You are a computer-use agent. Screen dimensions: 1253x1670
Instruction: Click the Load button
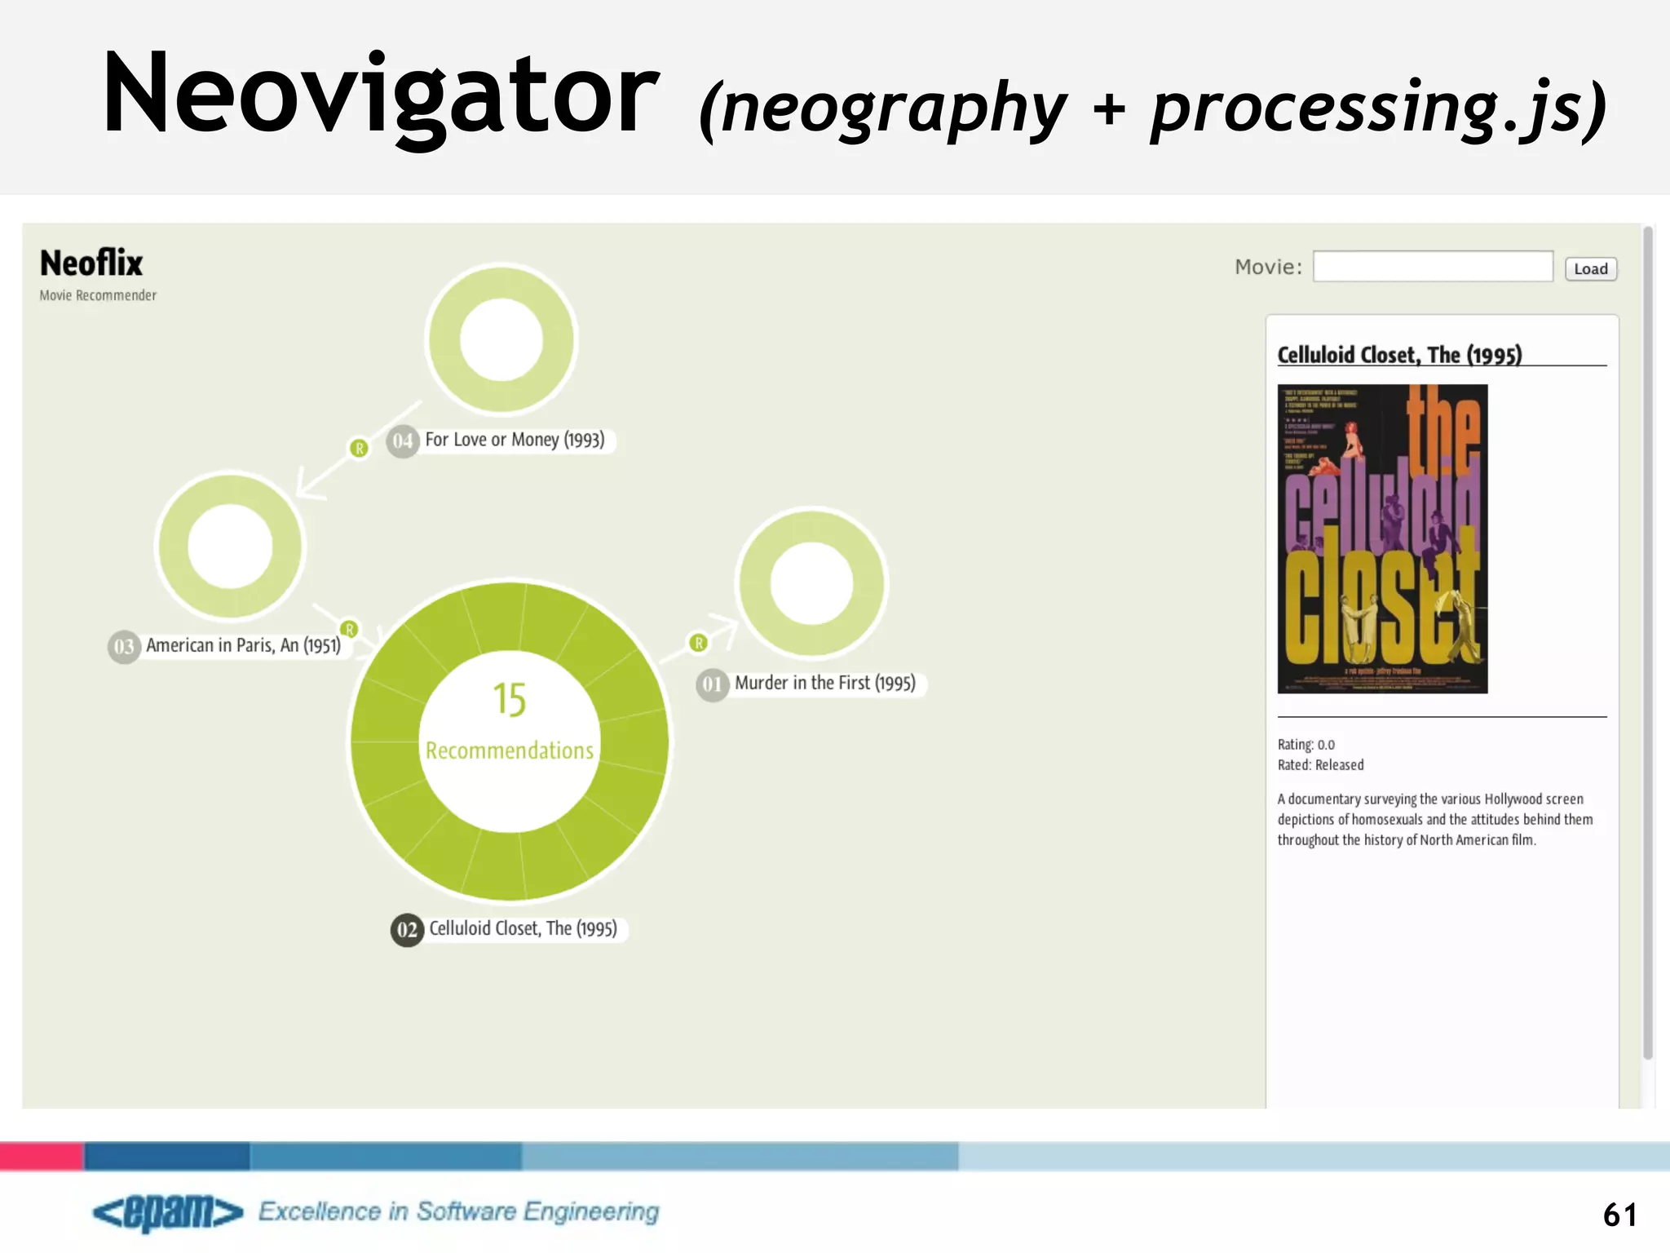click(1590, 268)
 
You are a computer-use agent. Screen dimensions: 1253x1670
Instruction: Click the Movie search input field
click(1432, 267)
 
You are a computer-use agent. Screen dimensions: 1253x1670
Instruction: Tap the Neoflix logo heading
click(91, 263)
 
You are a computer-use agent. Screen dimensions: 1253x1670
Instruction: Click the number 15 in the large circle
click(510, 700)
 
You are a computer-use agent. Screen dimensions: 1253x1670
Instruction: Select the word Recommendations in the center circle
click(510, 750)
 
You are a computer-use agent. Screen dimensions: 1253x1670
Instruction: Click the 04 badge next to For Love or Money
click(402, 441)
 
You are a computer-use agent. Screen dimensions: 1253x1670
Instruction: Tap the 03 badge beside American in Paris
click(124, 647)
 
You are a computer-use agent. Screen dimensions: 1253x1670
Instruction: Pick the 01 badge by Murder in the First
click(712, 684)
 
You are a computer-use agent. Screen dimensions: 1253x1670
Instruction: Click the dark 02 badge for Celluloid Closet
click(407, 930)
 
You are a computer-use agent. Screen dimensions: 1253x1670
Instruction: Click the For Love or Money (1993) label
click(515, 440)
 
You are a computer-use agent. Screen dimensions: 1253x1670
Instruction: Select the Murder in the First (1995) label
click(824, 683)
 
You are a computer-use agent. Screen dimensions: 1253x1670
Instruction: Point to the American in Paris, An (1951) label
click(243, 645)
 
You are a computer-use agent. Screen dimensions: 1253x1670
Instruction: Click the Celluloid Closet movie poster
click(1382, 539)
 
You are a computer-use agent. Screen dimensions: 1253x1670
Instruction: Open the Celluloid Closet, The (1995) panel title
click(1399, 355)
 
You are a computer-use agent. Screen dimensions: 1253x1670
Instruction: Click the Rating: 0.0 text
click(1306, 745)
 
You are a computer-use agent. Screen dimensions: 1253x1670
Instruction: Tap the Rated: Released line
click(1320, 765)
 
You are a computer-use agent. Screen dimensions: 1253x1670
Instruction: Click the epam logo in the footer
click(168, 1212)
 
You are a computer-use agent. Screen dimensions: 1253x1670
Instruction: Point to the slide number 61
click(1619, 1215)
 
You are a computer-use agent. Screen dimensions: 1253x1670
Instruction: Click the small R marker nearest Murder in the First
click(699, 643)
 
